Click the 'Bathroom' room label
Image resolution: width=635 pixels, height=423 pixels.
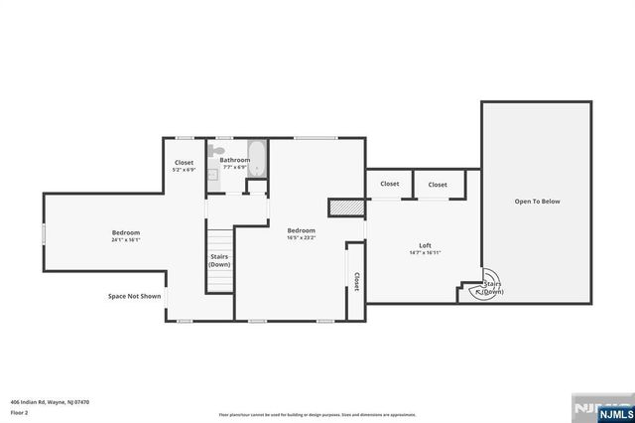click(235, 160)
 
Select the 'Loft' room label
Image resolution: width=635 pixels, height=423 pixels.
click(425, 244)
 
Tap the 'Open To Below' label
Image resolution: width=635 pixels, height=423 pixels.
click(537, 202)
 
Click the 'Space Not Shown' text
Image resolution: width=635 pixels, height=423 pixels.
click(135, 295)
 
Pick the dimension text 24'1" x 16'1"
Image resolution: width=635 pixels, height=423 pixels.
click(125, 239)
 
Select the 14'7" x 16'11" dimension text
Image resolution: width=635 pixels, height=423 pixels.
click(425, 252)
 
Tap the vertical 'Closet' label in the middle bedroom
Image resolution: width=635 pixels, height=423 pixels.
click(355, 283)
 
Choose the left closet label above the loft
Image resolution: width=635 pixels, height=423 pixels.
click(390, 184)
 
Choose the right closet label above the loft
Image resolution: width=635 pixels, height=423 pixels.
click(438, 184)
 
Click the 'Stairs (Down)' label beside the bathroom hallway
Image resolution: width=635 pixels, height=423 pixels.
click(219, 261)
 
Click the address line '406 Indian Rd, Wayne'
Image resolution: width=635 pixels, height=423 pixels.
click(51, 402)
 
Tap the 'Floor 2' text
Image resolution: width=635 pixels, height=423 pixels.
click(19, 411)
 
